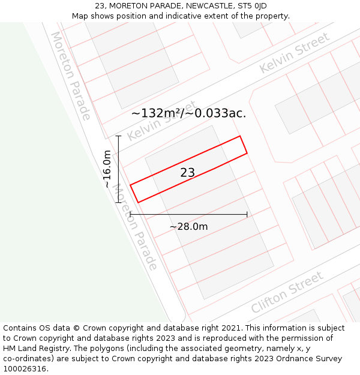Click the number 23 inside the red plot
187,173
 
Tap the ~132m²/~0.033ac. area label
188,113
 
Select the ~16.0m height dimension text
107,169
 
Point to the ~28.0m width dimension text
188,227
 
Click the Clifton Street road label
287,292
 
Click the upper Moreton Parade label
70,76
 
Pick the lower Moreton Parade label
136,227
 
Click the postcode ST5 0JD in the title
252,6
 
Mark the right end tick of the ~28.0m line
247,214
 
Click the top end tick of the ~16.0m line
119,136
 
